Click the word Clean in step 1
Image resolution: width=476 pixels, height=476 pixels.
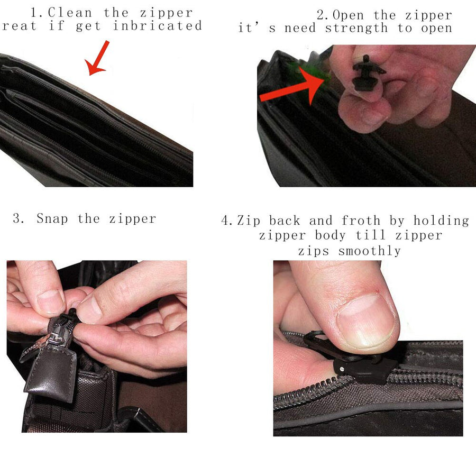69,13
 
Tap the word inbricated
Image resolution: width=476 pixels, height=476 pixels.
158,25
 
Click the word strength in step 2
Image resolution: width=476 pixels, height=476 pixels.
356,28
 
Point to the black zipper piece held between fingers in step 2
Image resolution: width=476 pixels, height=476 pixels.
366,73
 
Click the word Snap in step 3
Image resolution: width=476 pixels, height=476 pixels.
52,218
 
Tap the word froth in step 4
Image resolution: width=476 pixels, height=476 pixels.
361,221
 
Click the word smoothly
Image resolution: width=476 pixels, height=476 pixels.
370,251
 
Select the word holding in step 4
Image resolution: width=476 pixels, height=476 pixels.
442,221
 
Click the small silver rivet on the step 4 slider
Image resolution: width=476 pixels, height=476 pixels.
342,370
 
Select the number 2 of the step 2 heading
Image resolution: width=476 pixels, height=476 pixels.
321,15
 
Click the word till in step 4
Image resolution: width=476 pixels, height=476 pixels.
370,235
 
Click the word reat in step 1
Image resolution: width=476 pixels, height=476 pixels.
20,26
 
